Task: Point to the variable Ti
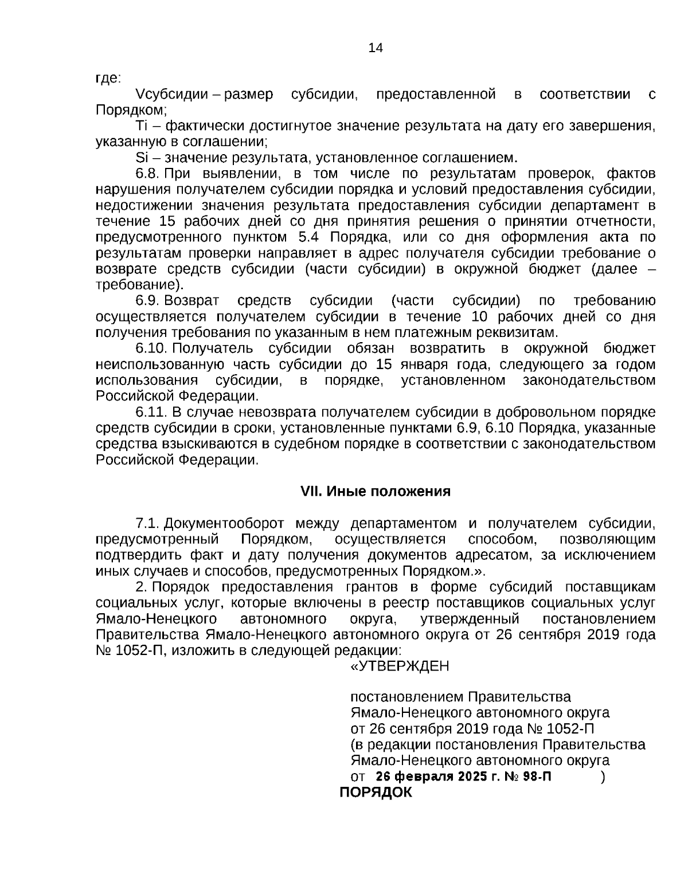click(142, 126)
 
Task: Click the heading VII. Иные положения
click(376, 491)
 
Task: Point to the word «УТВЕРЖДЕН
click(400, 666)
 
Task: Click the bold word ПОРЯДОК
click(376, 793)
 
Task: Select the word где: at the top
click(108, 78)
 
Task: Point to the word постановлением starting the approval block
click(406, 697)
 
